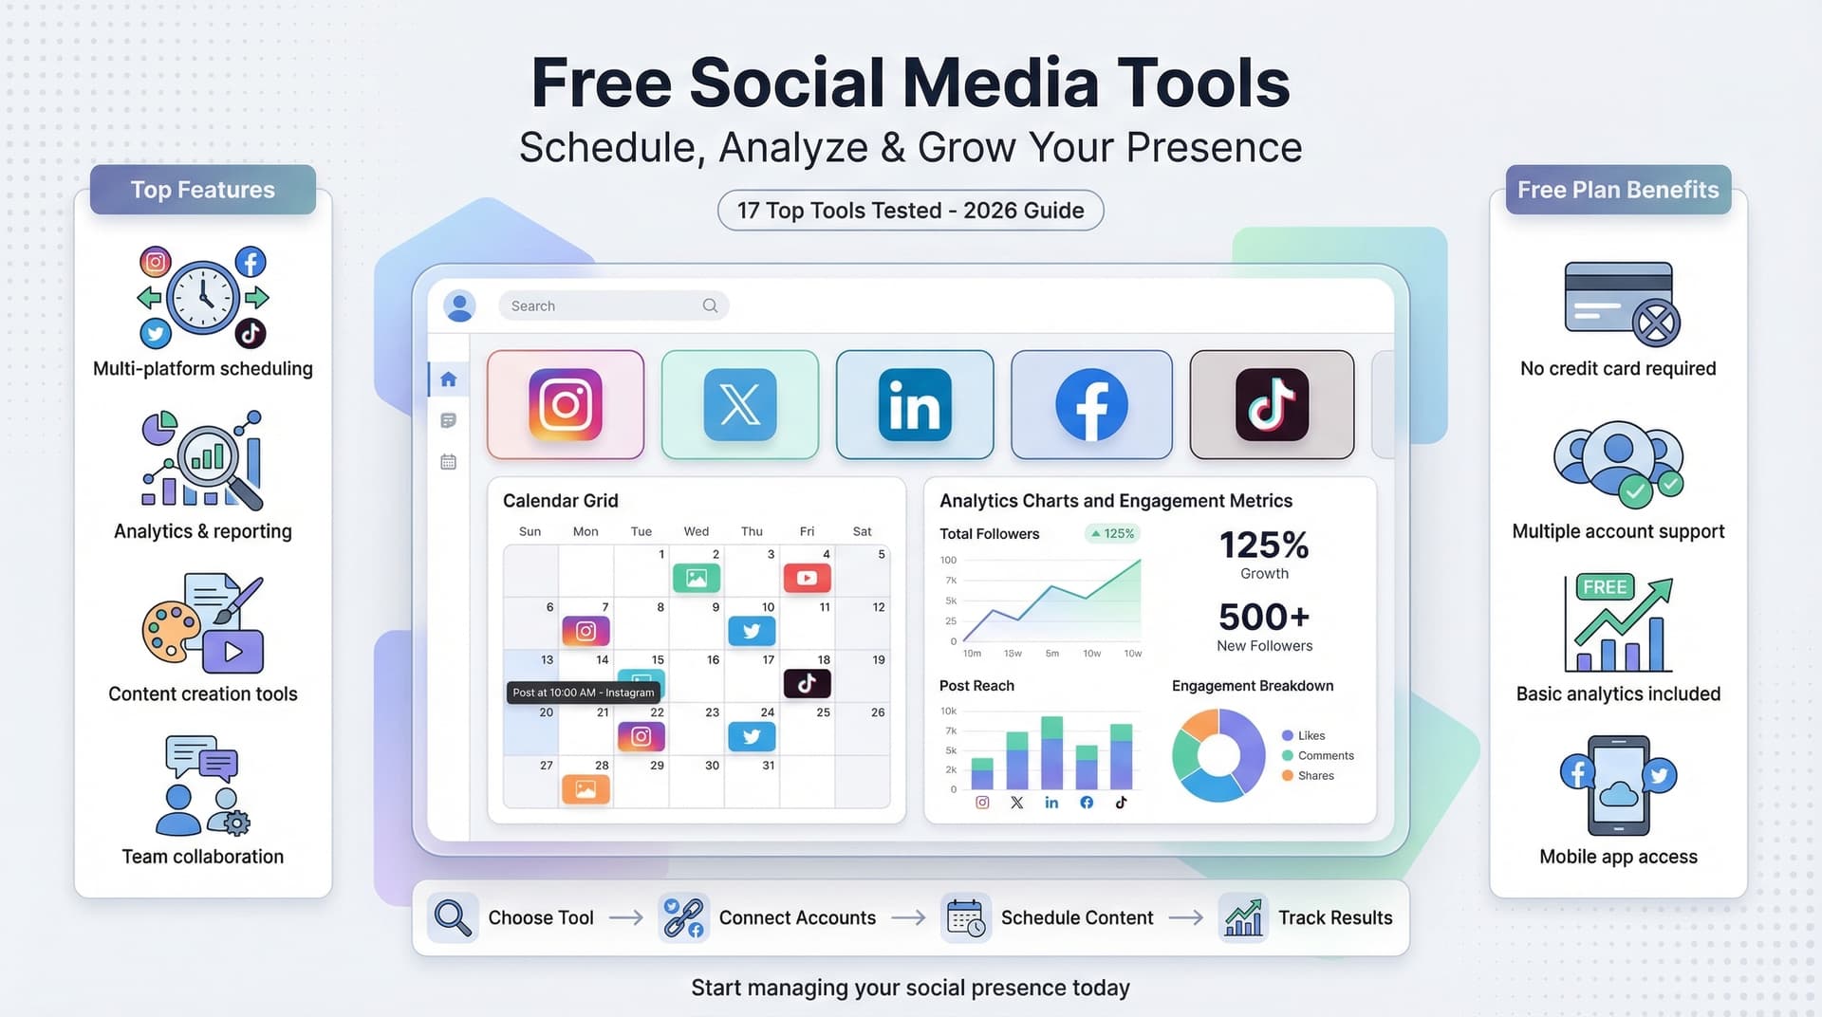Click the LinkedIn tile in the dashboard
(915, 405)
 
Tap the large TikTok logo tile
(1272, 405)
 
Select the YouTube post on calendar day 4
(807, 578)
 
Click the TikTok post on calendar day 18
(807, 683)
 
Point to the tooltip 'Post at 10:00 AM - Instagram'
(583, 693)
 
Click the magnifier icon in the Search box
(710, 305)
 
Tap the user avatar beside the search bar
(460, 305)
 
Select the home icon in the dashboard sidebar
(449, 379)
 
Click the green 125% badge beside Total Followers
(1112, 533)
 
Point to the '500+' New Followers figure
(1264, 618)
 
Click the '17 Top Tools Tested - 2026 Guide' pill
(910, 211)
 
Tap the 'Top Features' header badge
(203, 190)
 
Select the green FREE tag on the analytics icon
(1605, 587)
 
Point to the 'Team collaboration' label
(203, 857)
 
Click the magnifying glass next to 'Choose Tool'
(453, 917)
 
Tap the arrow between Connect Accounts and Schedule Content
(908, 917)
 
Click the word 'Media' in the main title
(1000, 83)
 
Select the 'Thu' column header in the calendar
(752, 531)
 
